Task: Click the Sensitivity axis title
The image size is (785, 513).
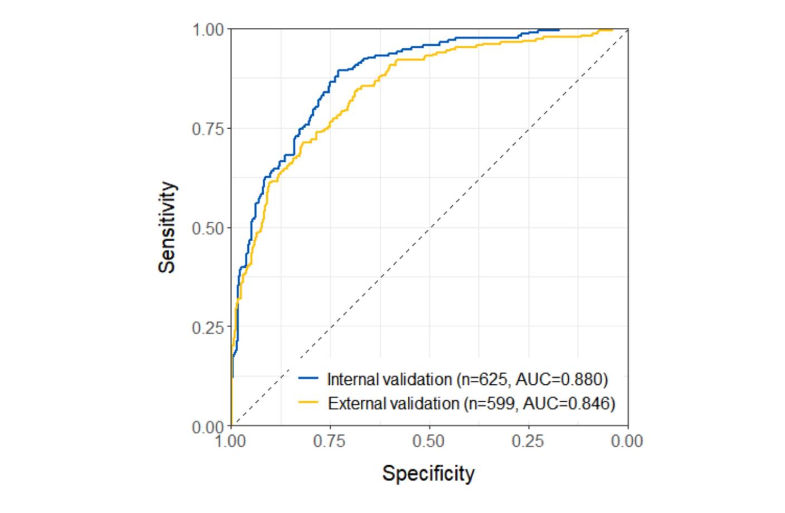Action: point(166,228)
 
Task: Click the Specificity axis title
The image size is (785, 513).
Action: point(428,473)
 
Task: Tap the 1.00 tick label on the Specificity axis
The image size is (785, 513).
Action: point(230,442)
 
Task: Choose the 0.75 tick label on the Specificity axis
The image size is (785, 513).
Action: point(330,442)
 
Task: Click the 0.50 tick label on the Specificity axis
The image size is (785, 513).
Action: point(429,442)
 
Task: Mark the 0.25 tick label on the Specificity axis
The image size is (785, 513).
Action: point(528,442)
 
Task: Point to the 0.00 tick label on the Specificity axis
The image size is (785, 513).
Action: point(627,442)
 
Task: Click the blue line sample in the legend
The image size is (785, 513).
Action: point(308,379)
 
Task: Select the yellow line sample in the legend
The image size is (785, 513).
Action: point(308,402)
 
